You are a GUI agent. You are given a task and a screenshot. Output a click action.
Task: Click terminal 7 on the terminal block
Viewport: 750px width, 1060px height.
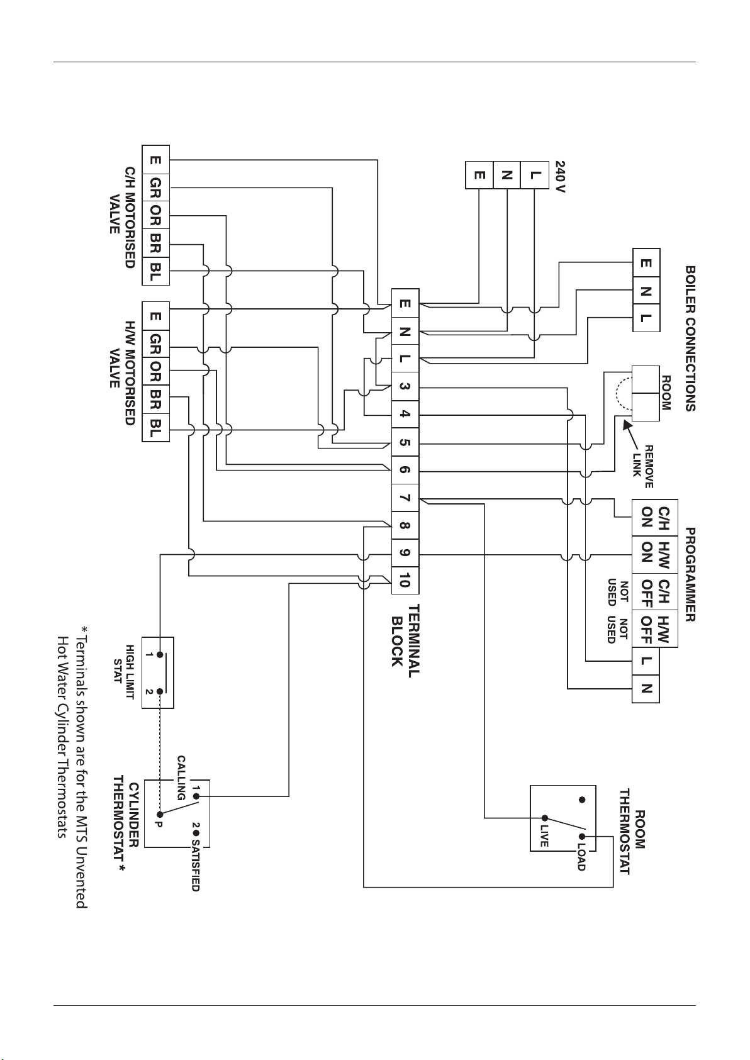click(x=405, y=498)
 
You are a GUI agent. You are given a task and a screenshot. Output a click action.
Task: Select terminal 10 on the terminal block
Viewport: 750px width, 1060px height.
click(x=405, y=580)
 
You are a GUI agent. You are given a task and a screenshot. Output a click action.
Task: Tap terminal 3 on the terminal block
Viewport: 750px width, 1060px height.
click(x=405, y=387)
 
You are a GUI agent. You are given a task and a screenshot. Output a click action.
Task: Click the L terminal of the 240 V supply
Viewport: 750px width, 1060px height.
click(x=534, y=175)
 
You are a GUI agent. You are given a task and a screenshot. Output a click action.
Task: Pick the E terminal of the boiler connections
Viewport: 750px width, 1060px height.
click(x=646, y=262)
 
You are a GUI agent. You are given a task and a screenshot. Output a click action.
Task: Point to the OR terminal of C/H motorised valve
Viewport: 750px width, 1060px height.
click(x=155, y=216)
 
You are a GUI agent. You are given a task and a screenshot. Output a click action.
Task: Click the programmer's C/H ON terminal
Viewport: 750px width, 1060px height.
click(x=655, y=518)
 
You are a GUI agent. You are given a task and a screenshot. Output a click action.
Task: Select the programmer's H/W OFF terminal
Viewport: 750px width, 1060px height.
click(x=655, y=629)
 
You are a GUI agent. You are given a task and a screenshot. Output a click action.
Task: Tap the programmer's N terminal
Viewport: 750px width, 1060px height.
click(x=646, y=689)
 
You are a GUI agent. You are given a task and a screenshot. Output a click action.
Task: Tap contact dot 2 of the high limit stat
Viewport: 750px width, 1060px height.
click(x=160, y=691)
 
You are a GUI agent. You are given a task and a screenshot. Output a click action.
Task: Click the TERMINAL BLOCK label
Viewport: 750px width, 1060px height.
click(x=406, y=641)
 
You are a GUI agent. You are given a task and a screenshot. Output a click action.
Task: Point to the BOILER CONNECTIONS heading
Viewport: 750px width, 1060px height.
click(x=690, y=338)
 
